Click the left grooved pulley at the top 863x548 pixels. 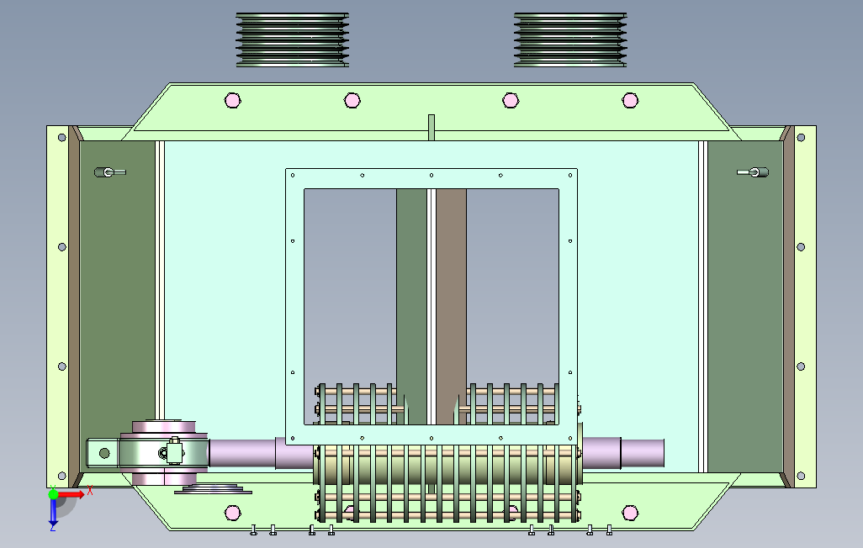pyautogui.click(x=292, y=40)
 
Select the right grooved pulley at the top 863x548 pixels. pyautogui.click(x=570, y=40)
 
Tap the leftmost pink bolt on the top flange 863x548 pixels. pyautogui.click(x=233, y=100)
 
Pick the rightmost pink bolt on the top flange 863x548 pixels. pyautogui.click(x=630, y=100)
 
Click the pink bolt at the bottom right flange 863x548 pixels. pyautogui.click(x=630, y=513)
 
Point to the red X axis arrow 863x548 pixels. pyautogui.click(x=71, y=495)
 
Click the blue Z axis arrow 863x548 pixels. pyautogui.click(x=53, y=511)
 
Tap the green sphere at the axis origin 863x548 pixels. pyautogui.click(x=53, y=494)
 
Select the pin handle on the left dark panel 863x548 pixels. pyautogui.click(x=110, y=172)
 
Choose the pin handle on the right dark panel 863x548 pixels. pyautogui.click(x=753, y=172)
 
